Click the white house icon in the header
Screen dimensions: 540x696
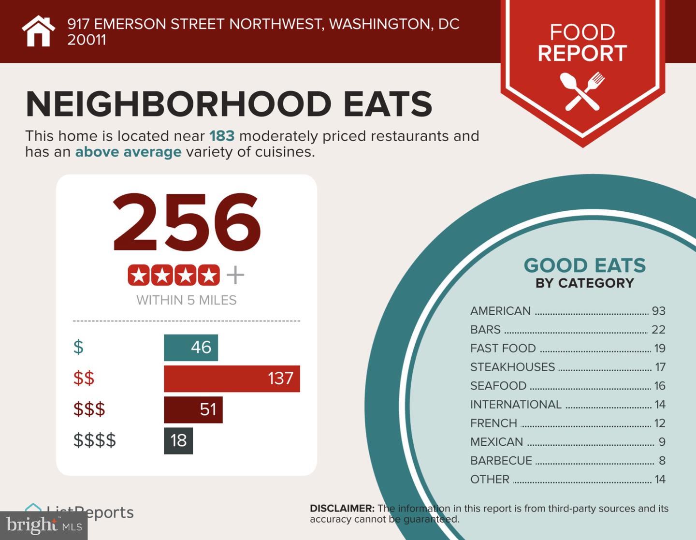38,31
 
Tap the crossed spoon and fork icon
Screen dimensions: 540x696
582,91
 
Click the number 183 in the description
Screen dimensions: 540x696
222,136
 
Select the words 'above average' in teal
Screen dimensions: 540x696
128,152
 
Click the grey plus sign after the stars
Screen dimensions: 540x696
235,276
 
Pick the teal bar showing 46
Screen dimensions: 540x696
191,348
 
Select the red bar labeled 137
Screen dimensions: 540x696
232,379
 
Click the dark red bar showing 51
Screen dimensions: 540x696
193,410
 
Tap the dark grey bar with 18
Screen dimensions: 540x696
178,440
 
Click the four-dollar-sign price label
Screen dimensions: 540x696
95,440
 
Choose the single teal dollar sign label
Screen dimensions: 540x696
78,347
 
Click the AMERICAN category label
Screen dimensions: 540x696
500,311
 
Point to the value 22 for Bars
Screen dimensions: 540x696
658,330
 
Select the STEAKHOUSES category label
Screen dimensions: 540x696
512,367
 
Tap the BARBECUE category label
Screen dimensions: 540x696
501,461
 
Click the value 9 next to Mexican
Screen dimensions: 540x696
662,442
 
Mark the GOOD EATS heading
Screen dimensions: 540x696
584,265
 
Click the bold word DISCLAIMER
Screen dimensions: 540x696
342,509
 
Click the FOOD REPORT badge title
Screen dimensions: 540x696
582,43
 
